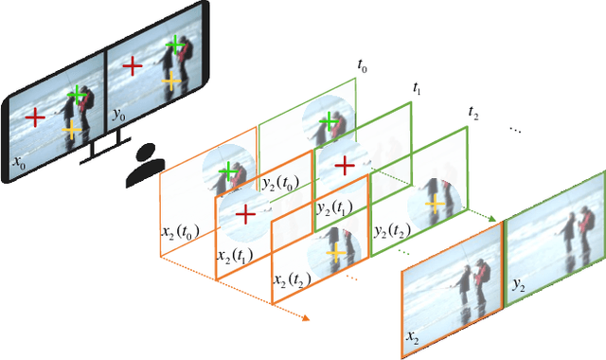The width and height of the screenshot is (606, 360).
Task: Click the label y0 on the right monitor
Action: tap(118, 115)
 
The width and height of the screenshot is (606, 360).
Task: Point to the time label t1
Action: tap(418, 88)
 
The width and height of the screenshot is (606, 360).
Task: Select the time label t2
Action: tap(473, 113)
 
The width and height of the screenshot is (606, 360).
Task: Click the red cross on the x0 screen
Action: tap(34, 117)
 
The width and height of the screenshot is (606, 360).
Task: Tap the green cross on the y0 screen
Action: tap(173, 45)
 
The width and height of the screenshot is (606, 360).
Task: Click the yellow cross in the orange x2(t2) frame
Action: tap(334, 252)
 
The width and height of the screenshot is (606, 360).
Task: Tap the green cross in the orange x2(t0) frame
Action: tap(226, 171)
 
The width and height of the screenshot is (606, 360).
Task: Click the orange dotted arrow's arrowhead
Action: tap(305, 318)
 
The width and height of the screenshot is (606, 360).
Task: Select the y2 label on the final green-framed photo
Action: tap(518, 283)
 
